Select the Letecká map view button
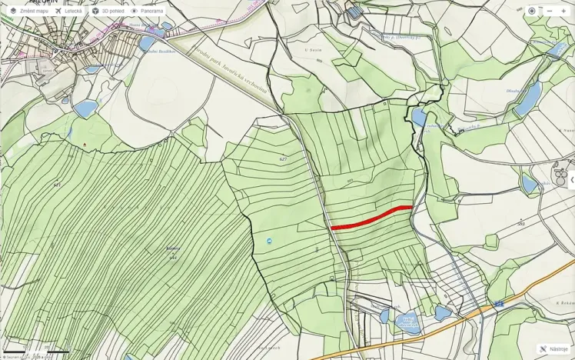click(x=68, y=11)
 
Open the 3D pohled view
click(x=107, y=11)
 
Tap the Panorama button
click(x=146, y=11)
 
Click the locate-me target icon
click(x=531, y=11)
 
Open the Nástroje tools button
click(x=553, y=348)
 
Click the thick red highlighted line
click(x=371, y=218)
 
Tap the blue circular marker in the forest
click(x=269, y=241)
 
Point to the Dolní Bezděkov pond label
click(x=161, y=51)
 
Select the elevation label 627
click(x=283, y=159)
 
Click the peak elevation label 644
click(x=173, y=257)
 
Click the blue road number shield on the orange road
click(x=499, y=304)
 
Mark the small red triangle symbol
click(x=85, y=144)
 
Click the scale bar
click(x=31, y=351)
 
